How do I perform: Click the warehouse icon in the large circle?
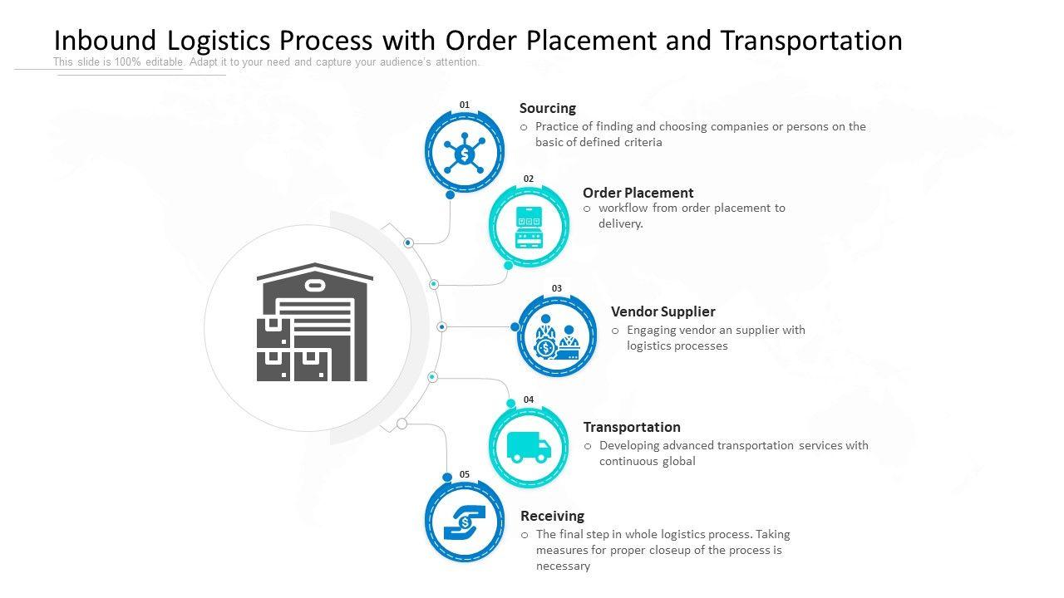[314, 323]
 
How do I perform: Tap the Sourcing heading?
[547, 108]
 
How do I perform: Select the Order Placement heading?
[638, 193]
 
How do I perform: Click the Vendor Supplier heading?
[663, 311]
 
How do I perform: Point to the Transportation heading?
[631, 427]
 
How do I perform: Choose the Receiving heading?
[552, 516]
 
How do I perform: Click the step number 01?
[465, 105]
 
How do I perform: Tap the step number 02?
[529, 179]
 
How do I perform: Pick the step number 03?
[557, 288]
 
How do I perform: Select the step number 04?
[529, 399]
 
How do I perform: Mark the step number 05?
[465, 474]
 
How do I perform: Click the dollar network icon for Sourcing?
[464, 154]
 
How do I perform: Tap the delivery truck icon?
[529, 447]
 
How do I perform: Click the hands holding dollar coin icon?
[464, 522]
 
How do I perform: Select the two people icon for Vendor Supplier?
[557, 337]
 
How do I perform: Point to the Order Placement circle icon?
[529, 226]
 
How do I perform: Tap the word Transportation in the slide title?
[811, 41]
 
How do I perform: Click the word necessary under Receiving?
[563, 566]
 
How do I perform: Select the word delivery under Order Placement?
[620, 224]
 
